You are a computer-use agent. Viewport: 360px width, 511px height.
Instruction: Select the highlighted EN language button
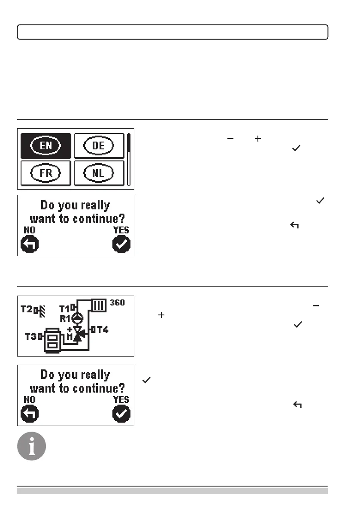tap(46, 145)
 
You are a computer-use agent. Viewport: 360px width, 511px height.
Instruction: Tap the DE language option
tap(99, 145)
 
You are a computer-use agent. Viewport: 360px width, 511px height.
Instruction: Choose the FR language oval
tap(46, 174)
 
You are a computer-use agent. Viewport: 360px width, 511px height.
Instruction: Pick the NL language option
tap(99, 174)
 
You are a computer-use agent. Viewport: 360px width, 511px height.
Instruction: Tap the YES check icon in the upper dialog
tap(121, 245)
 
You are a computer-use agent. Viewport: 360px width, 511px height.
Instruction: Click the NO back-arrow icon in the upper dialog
tap(30, 245)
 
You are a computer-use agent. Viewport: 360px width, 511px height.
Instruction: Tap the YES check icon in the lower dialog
tap(121, 414)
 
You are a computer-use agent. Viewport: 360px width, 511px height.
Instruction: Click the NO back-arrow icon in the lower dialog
tap(30, 414)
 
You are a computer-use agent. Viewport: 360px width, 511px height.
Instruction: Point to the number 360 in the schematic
tap(117, 303)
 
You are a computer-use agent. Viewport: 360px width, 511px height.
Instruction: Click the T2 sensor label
tap(27, 308)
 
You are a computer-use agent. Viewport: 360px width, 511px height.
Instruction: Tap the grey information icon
tap(31, 446)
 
